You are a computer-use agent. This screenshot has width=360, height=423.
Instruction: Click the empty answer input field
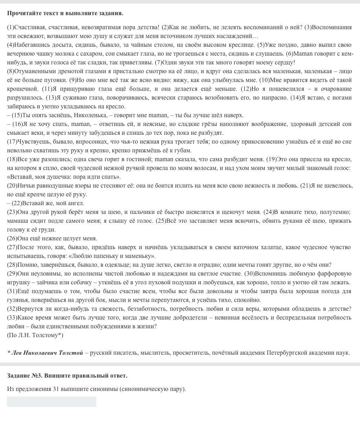coord(51,402)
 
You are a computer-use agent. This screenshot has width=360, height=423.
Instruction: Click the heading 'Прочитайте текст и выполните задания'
coord(65,13)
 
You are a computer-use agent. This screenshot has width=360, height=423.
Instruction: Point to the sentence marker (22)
coord(17,203)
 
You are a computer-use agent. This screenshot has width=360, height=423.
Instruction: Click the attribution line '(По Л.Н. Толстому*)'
coord(35,335)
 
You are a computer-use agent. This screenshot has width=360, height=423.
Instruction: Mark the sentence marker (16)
coord(17,124)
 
